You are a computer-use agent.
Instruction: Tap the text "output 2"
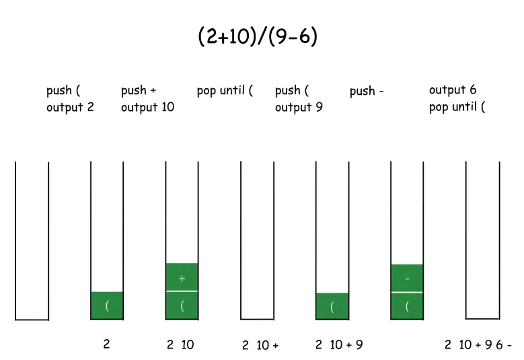(x=70, y=107)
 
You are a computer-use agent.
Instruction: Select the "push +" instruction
(x=139, y=90)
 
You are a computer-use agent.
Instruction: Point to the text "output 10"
(x=147, y=107)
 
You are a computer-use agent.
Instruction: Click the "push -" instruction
(x=367, y=92)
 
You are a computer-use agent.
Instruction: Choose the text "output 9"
(x=299, y=107)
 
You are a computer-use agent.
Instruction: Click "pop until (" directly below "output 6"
(x=457, y=107)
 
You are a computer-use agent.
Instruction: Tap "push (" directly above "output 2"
(x=63, y=90)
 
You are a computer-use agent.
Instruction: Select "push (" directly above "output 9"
(x=292, y=90)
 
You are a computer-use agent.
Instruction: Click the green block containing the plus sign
(x=182, y=277)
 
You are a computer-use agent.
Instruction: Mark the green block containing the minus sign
(x=407, y=278)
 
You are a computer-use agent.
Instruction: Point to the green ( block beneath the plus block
(x=182, y=305)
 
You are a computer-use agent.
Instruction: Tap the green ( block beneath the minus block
(x=407, y=306)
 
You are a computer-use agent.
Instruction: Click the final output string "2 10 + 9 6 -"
(x=478, y=345)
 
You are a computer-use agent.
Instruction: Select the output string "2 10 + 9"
(x=339, y=345)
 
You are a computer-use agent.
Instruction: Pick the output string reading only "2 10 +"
(x=260, y=346)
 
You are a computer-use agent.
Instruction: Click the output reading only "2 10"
(x=180, y=345)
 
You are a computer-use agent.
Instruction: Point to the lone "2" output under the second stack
(x=106, y=345)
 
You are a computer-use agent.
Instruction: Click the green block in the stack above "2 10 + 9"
(x=332, y=306)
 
